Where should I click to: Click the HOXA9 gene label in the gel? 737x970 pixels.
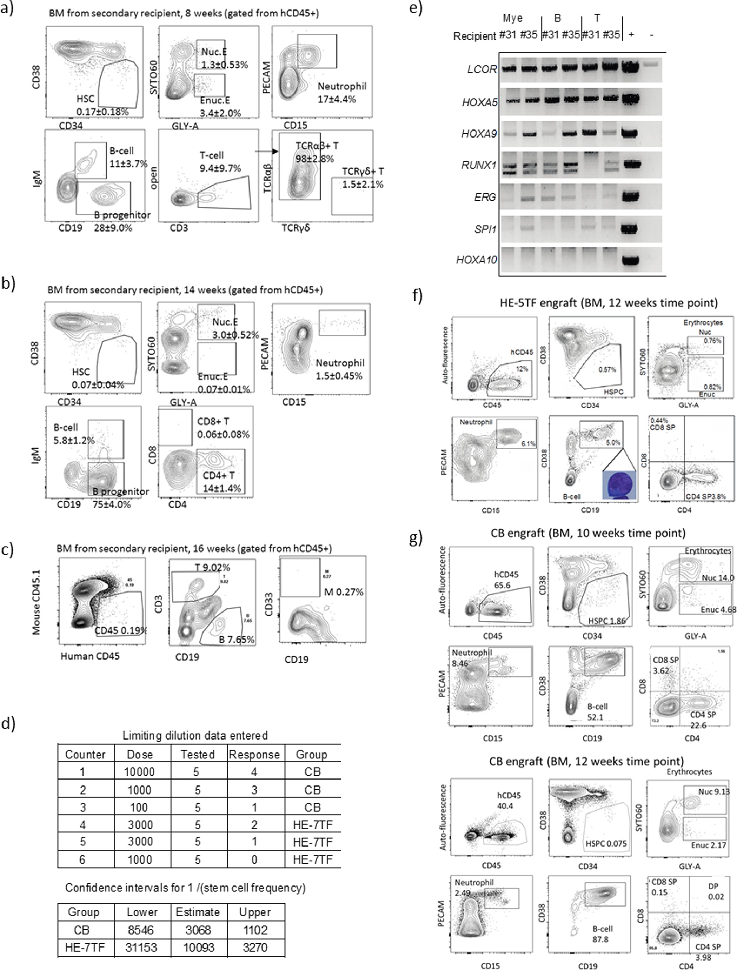click(479, 134)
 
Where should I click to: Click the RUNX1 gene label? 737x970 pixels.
click(479, 165)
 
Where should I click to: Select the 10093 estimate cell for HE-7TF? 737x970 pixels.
click(198, 948)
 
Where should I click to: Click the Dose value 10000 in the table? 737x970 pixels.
click(140, 772)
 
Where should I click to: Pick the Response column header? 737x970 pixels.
click(254, 754)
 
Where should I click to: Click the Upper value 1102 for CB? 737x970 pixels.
click(254, 930)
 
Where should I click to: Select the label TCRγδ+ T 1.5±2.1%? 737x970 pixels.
click(362, 178)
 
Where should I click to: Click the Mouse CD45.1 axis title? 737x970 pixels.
click(36, 602)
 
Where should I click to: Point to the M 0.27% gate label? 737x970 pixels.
click(344, 592)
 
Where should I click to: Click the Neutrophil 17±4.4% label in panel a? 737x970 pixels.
click(342, 93)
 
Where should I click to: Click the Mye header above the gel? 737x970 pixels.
click(512, 18)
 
